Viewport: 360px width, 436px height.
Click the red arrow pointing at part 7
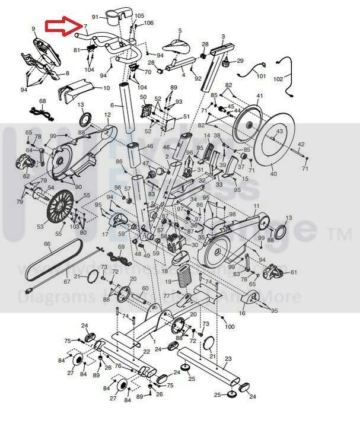64,25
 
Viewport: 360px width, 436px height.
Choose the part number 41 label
259,96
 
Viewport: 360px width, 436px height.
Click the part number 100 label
230,327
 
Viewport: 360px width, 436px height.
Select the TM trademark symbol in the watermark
343,235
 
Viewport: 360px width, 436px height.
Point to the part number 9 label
33,28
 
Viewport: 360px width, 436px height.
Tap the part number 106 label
148,23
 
